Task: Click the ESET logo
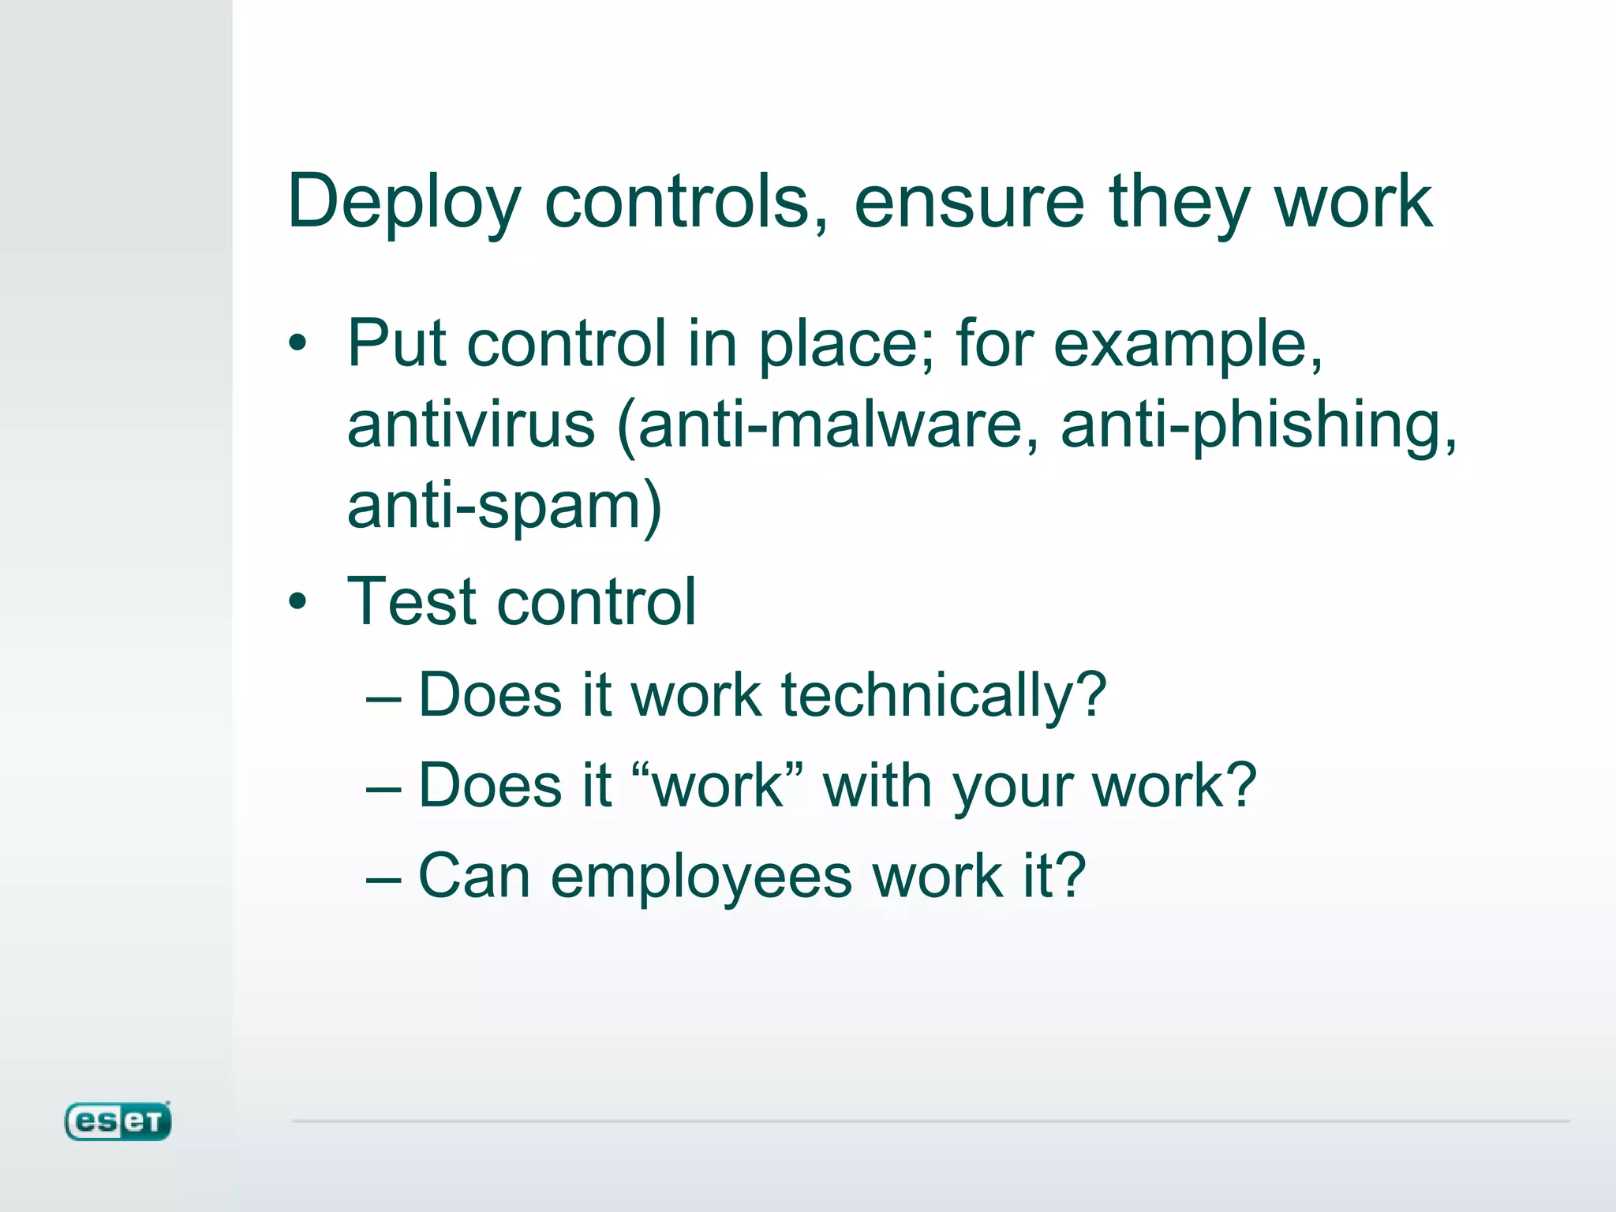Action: tap(118, 1121)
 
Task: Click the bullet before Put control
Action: tap(297, 344)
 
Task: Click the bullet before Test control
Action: tap(297, 602)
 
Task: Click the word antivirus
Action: tap(471, 425)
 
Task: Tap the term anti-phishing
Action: tap(1257, 425)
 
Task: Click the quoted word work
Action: tap(719, 787)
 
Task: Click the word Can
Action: tap(473, 876)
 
